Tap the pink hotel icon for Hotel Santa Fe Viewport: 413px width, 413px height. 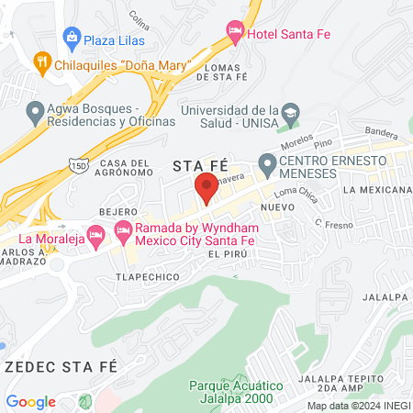[x=234, y=35]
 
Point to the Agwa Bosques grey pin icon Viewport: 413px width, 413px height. [x=36, y=113]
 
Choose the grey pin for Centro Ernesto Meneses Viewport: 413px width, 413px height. [x=268, y=166]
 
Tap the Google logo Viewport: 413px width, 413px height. [x=30, y=401]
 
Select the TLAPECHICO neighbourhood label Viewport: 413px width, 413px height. [x=145, y=273]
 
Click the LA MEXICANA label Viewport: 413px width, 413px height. [x=376, y=189]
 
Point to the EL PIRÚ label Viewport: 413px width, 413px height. [x=229, y=253]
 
